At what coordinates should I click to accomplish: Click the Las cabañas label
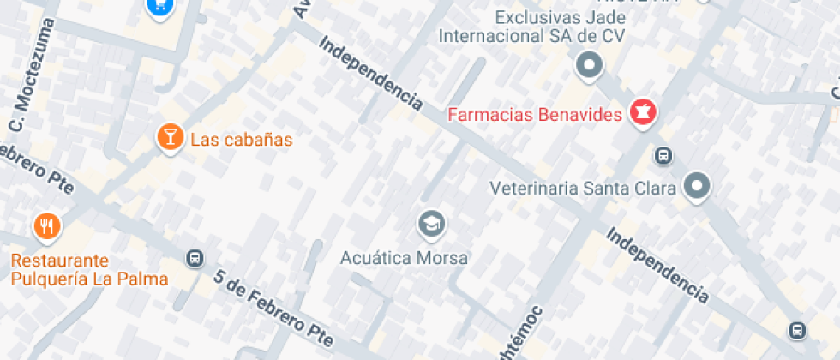point(241,139)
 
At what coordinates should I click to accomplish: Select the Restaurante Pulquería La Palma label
point(89,269)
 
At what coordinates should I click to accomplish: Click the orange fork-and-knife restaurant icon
point(46,226)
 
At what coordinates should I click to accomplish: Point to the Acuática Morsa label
point(404,257)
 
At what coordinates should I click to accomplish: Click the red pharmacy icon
point(642,111)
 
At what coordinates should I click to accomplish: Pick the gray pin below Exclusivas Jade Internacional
point(589,64)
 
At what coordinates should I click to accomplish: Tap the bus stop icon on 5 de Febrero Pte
point(195,258)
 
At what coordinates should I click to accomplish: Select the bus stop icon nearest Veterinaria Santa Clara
point(663,156)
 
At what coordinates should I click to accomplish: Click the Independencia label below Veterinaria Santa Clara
point(657,265)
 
